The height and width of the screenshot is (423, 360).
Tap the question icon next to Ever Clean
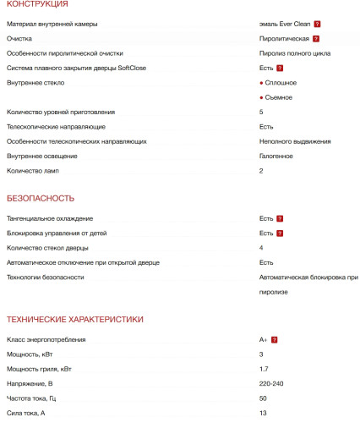[317, 25]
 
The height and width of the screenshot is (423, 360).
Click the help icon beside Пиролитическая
[315, 39]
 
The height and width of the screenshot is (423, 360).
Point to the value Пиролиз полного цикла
[295, 53]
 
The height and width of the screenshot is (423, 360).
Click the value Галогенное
[277, 156]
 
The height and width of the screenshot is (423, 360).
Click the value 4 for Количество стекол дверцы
[261, 247]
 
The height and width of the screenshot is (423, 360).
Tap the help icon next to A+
[275, 339]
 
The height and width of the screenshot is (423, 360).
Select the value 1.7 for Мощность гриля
[264, 369]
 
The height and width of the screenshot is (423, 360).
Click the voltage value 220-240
[272, 383]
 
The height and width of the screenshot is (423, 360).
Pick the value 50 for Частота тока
[263, 398]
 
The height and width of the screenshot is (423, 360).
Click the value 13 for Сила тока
[263, 412]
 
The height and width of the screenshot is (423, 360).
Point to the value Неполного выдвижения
[295, 141]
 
